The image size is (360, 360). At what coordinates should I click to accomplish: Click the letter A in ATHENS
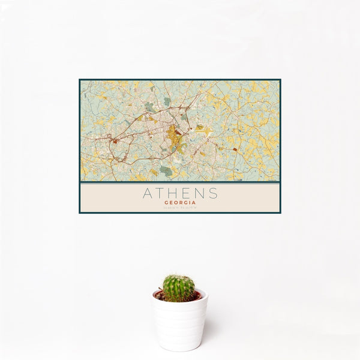[x=146, y=194]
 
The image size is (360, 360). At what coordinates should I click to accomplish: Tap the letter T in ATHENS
[x=160, y=194]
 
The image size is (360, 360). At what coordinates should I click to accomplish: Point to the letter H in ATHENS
[x=173, y=194]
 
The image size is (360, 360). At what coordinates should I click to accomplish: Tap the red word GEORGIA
[x=180, y=203]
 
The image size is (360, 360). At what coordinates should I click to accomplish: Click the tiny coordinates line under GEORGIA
[x=180, y=208]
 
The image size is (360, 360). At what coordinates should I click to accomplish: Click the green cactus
[x=179, y=288]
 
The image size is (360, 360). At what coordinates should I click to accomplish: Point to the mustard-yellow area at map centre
[x=173, y=134]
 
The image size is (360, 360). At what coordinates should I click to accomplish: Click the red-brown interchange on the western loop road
[x=113, y=141]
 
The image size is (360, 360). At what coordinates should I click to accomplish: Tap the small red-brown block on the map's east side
[x=235, y=149]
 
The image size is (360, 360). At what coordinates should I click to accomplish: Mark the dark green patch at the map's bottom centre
[x=166, y=171]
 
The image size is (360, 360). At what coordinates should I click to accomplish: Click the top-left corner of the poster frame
[x=79, y=80]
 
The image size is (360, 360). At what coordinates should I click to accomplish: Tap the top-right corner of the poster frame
[x=280, y=80]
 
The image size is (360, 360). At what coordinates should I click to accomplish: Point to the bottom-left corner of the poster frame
[x=79, y=213]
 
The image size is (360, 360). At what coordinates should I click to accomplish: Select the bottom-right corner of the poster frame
[x=280, y=213]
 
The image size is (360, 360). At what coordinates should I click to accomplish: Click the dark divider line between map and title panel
[x=180, y=182]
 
